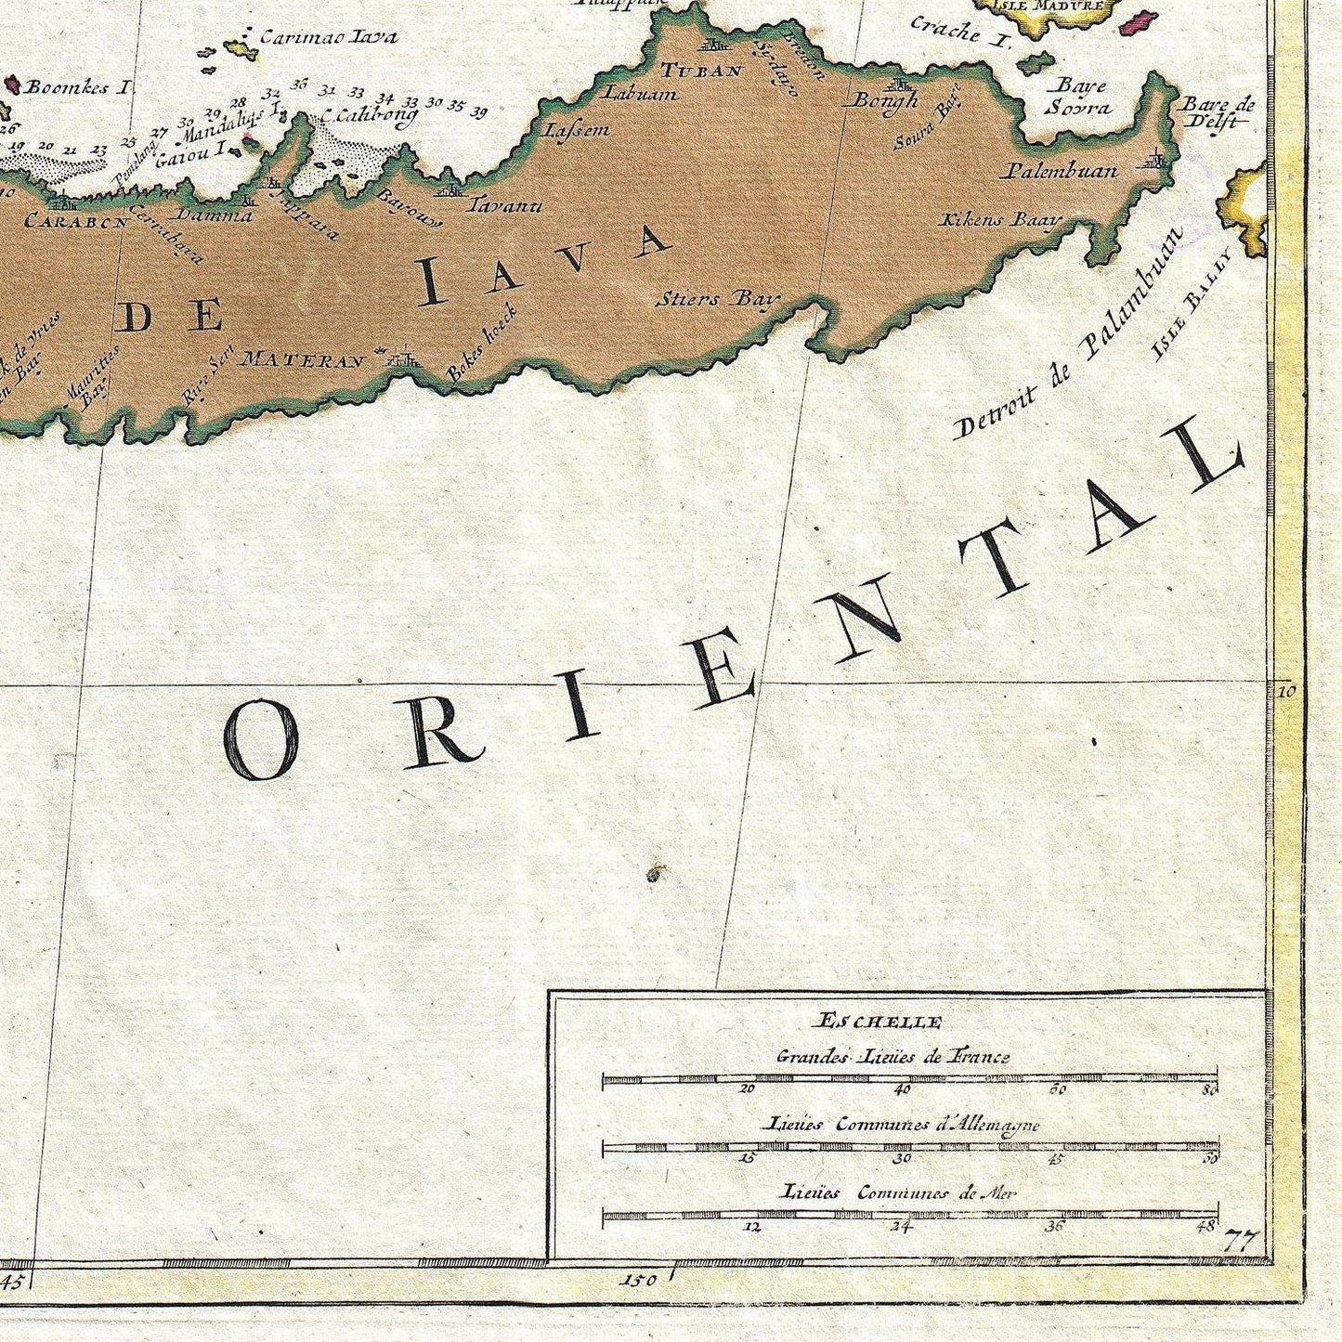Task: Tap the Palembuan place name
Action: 1060,172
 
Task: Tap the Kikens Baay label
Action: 999,220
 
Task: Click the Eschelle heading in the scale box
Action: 878,1023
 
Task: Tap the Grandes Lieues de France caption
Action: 892,1056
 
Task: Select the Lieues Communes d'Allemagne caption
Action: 900,1125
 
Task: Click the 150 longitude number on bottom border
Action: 641,1280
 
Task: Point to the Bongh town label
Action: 884,100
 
